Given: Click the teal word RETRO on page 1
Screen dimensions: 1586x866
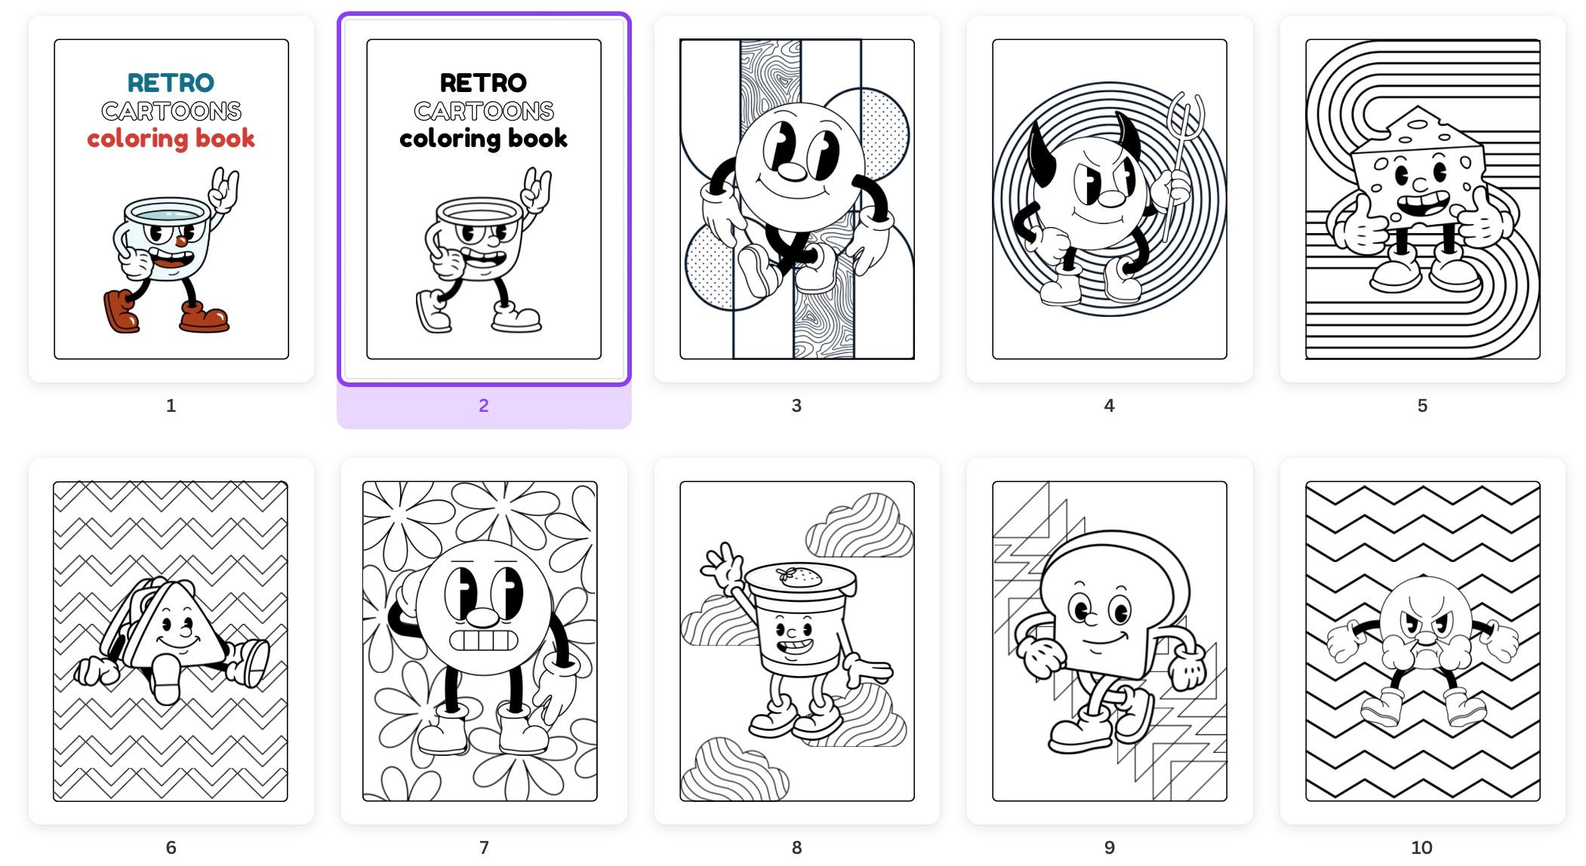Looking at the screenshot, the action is [x=171, y=82].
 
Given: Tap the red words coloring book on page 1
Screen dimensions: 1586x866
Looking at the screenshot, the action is [x=171, y=139].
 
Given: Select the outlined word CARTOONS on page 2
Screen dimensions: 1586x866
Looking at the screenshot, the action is [x=484, y=112].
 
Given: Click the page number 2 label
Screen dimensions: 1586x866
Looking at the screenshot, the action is [x=484, y=406].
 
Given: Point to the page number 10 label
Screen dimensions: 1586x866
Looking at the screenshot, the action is [x=1421, y=848].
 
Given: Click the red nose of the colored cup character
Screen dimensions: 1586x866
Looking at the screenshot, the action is [x=181, y=241].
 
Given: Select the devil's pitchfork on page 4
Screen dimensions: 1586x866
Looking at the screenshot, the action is [x=1179, y=166].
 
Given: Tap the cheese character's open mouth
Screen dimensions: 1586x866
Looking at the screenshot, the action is [x=1422, y=204].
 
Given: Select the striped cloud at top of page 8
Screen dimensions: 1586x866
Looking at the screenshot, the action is [x=859, y=526].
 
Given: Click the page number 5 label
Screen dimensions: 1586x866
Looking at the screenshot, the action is [x=1422, y=406].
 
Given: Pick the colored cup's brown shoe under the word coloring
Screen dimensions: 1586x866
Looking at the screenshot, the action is [x=120, y=311].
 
